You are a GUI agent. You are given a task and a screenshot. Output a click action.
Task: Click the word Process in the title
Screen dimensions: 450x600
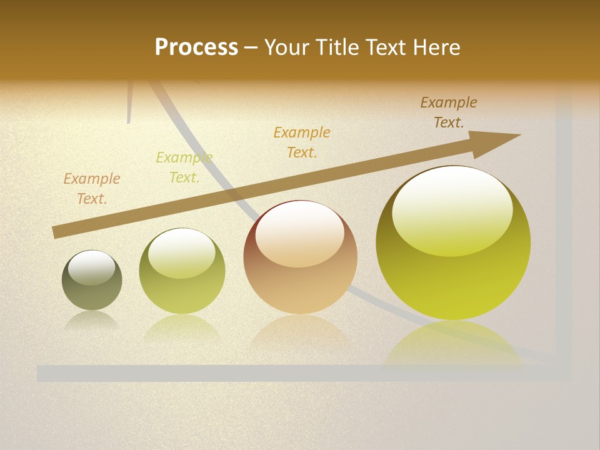pyautogui.click(x=196, y=47)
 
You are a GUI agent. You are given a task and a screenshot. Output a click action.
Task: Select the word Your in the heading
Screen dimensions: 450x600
pyautogui.click(x=287, y=47)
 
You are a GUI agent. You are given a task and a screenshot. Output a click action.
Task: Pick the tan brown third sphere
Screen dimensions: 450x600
pyautogui.click(x=300, y=281)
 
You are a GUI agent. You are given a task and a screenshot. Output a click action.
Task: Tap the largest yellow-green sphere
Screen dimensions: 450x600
pyautogui.click(x=453, y=275)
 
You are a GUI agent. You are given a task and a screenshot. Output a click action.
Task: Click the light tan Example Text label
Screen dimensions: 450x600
pyautogui.click(x=92, y=189)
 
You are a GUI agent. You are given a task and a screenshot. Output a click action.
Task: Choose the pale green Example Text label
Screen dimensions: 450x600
pyautogui.click(x=184, y=167)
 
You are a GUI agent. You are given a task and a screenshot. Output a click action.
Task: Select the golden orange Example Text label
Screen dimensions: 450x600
pyautogui.click(x=302, y=142)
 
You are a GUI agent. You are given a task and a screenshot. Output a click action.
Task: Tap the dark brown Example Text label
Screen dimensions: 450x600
pyautogui.click(x=448, y=112)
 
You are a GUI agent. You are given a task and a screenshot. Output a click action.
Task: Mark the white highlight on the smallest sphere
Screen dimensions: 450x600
pyautogui.click(x=92, y=267)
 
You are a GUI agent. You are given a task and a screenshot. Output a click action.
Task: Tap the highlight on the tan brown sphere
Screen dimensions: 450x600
pyautogui.click(x=299, y=234)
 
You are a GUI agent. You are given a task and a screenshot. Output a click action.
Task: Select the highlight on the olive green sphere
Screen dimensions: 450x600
pyautogui.click(x=182, y=253)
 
